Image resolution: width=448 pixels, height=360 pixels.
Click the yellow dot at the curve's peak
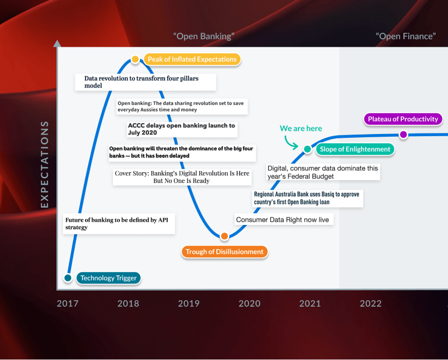pyautogui.click(x=136, y=59)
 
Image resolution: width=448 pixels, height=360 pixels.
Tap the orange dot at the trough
pyautogui.click(x=225, y=236)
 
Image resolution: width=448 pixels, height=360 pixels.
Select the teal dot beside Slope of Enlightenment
pyautogui.click(x=307, y=149)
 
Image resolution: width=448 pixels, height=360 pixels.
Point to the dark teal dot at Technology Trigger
pyautogui.click(x=68, y=278)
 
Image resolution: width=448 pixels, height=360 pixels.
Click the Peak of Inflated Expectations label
pyautogui.click(x=192, y=59)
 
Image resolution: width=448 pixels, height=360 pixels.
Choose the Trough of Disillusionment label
pyautogui.click(x=224, y=251)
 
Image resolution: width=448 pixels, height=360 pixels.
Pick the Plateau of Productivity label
pyautogui.click(x=403, y=119)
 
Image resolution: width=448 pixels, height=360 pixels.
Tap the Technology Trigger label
pyautogui.click(x=109, y=278)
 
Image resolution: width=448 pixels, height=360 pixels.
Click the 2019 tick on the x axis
pyautogui.click(x=189, y=303)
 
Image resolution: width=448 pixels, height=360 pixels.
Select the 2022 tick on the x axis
pyautogui.click(x=371, y=303)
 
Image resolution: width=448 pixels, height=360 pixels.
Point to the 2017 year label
pyautogui.click(x=68, y=303)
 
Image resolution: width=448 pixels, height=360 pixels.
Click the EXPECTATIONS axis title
pyautogui.click(x=44, y=164)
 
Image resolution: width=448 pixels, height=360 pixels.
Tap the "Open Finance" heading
pyautogui.click(x=405, y=36)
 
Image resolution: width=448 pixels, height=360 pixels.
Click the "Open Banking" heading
pyautogui.click(x=204, y=36)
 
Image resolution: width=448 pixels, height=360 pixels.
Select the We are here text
pyautogui.click(x=301, y=128)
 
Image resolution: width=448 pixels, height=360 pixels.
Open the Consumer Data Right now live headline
pyautogui.click(x=282, y=220)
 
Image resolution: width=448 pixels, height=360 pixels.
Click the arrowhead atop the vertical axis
pyautogui.click(x=57, y=43)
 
